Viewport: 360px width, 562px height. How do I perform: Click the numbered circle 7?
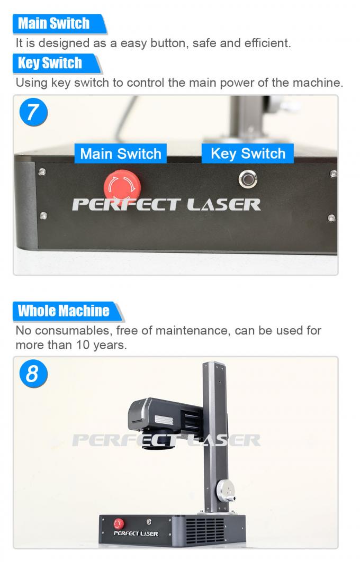(33, 112)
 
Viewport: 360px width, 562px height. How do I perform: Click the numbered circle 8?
(33, 373)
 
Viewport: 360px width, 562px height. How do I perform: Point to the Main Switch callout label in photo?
(121, 154)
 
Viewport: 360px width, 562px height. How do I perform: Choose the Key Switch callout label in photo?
(248, 153)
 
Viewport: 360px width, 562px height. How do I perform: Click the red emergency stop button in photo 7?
(122, 184)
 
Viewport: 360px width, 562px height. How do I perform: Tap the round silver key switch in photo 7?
(247, 179)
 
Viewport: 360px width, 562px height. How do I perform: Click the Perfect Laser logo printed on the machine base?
(136, 533)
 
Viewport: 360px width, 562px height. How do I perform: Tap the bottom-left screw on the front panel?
(43, 215)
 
